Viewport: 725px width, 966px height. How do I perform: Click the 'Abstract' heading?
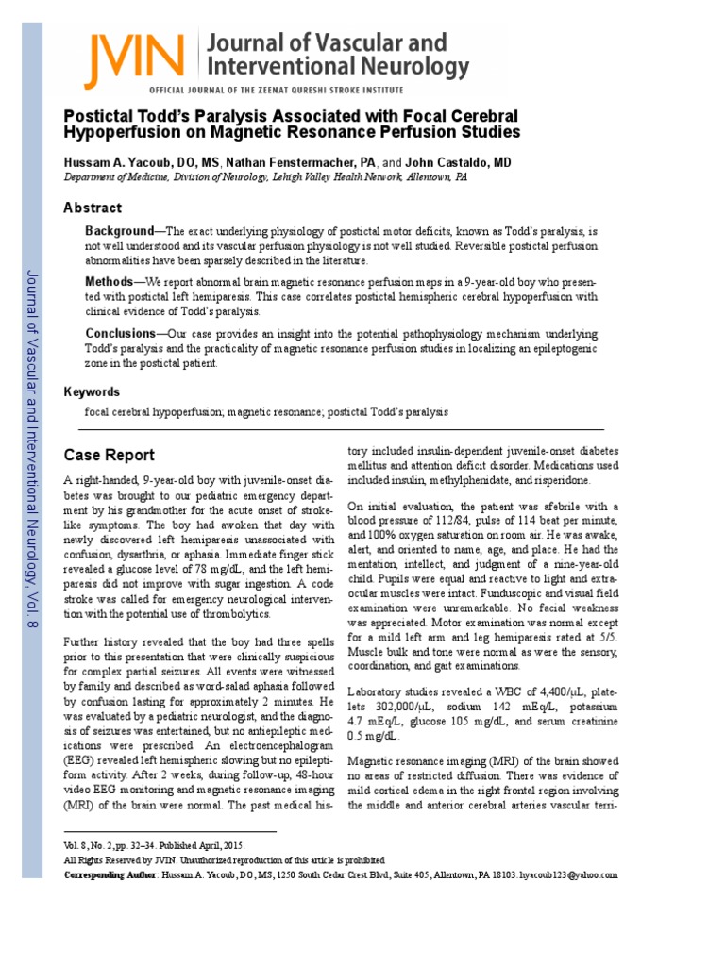tap(93, 208)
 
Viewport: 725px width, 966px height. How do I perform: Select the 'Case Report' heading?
tap(109, 455)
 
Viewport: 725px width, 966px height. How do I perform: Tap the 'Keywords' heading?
tap(92, 391)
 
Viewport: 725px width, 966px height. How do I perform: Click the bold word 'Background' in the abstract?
tap(119, 231)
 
